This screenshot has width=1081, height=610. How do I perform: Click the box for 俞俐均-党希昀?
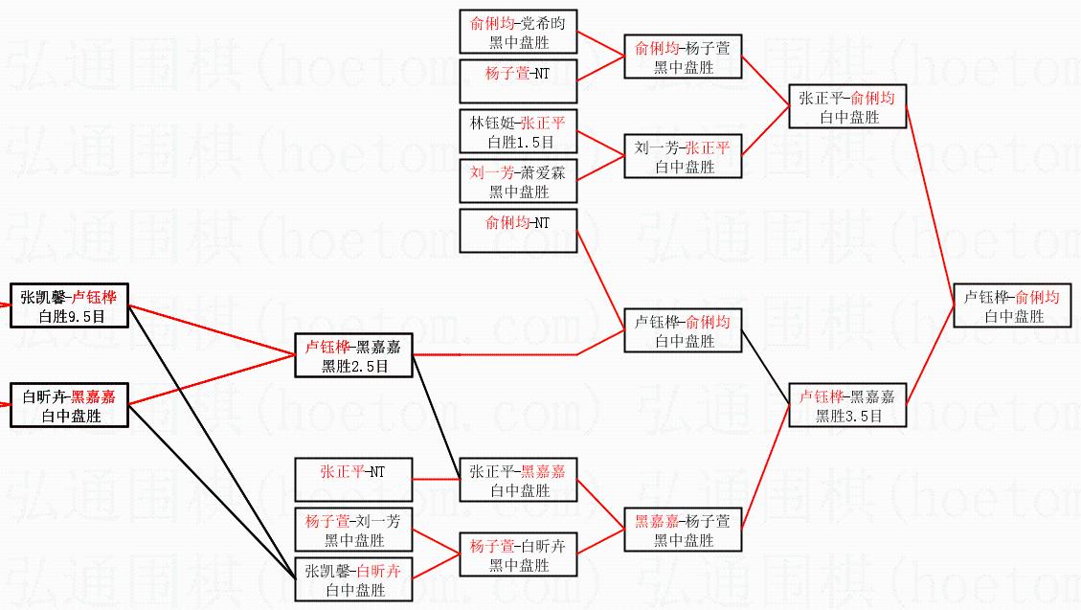coord(518,32)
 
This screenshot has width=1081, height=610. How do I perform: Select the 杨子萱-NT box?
coord(518,81)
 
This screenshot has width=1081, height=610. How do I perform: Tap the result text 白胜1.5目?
coord(521,143)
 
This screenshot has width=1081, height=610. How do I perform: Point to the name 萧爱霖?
coord(543,172)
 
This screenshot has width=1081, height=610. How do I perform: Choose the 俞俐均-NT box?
coord(518,231)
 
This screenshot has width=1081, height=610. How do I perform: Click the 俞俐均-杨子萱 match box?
coord(684,56)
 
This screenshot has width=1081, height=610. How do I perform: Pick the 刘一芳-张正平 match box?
coord(684,156)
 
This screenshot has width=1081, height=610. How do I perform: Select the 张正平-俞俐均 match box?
coord(848,106)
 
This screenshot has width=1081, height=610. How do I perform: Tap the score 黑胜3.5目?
coord(848,417)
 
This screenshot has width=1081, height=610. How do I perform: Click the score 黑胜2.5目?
coord(355,367)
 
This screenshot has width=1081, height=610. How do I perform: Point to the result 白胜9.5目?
coord(72,316)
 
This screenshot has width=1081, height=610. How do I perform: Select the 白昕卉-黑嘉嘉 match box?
coord(70,405)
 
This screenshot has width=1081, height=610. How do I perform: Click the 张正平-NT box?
coord(353,480)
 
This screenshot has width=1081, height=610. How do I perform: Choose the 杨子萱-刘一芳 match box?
coord(353,530)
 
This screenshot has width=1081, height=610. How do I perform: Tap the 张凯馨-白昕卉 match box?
coord(353,579)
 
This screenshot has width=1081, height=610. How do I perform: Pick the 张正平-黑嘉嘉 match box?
coord(518,480)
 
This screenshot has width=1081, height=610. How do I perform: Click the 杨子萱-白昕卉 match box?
coord(518,554)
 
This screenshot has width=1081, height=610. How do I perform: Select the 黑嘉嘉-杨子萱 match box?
coord(684,530)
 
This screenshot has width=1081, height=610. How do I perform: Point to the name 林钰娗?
coord(492,124)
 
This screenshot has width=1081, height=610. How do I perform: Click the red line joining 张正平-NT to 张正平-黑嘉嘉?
coord(437,479)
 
